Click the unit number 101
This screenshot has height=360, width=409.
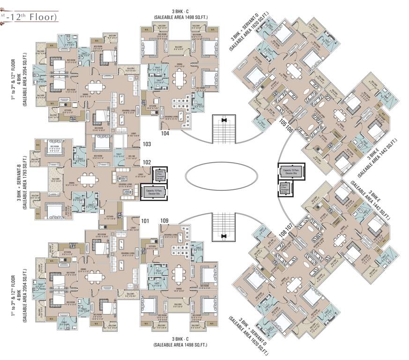pos(145,220)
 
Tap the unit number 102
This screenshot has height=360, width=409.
pos(147,164)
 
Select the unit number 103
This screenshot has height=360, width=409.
pos(147,144)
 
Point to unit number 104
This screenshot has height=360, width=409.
pos(165,134)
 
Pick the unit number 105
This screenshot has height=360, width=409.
pos(283,124)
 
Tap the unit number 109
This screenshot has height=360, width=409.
pos(164,220)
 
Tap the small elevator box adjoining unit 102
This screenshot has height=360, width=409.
pos(159,175)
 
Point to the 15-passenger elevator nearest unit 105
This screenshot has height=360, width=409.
pos(291,171)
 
